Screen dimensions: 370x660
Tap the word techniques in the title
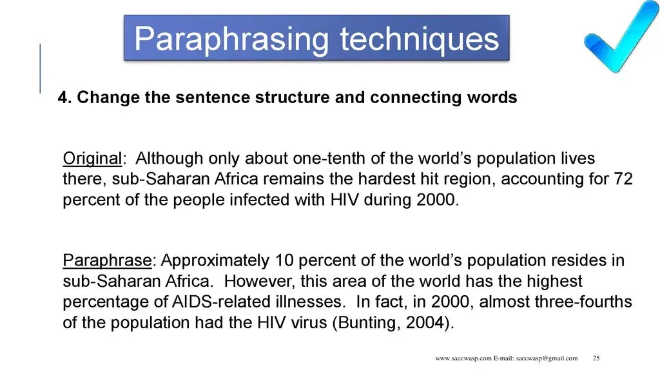pyautogui.click(x=420, y=39)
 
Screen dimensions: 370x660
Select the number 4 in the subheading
pyautogui.click(x=63, y=98)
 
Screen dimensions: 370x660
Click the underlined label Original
pyautogui.click(x=92, y=158)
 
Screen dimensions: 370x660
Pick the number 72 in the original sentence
pyautogui.click(x=623, y=179)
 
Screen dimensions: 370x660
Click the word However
pyautogui.click(x=257, y=281)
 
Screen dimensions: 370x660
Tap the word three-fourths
pyautogui.click(x=580, y=302)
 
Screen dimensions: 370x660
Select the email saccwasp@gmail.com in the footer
pyautogui.click(x=546, y=358)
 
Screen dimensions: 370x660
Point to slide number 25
pyautogui.click(x=596, y=358)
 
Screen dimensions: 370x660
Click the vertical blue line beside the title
pyautogui.click(x=40, y=68)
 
